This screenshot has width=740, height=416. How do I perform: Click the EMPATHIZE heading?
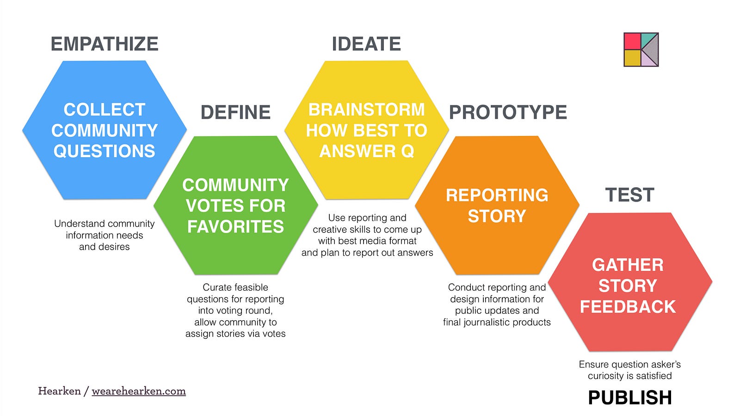(105, 44)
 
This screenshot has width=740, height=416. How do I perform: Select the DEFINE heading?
(235, 112)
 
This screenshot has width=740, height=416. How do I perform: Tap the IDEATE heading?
(366, 44)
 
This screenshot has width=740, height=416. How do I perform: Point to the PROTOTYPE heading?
(508, 112)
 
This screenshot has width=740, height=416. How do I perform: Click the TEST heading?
(629, 195)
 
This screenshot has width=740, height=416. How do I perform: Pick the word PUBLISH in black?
(630, 397)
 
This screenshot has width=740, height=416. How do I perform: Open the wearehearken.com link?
(139, 391)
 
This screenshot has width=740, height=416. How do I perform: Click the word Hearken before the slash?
(60, 391)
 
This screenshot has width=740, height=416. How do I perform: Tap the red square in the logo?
(632, 41)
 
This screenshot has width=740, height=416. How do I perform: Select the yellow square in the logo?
(632, 58)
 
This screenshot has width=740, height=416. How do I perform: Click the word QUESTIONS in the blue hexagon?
(105, 151)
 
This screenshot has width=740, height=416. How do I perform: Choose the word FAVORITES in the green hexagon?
(235, 227)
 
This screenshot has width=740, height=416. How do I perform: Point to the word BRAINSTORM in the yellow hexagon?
(366, 110)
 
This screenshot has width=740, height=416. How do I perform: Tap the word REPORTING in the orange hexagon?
(497, 195)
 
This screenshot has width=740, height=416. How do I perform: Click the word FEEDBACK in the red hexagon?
(628, 307)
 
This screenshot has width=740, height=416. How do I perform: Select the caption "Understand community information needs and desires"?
(105, 235)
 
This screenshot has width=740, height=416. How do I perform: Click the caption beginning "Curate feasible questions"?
(235, 310)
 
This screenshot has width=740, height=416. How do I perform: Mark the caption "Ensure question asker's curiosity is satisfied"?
(630, 370)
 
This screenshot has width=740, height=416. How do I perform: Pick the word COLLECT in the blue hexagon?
(105, 110)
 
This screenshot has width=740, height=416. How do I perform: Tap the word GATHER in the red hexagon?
(628, 265)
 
